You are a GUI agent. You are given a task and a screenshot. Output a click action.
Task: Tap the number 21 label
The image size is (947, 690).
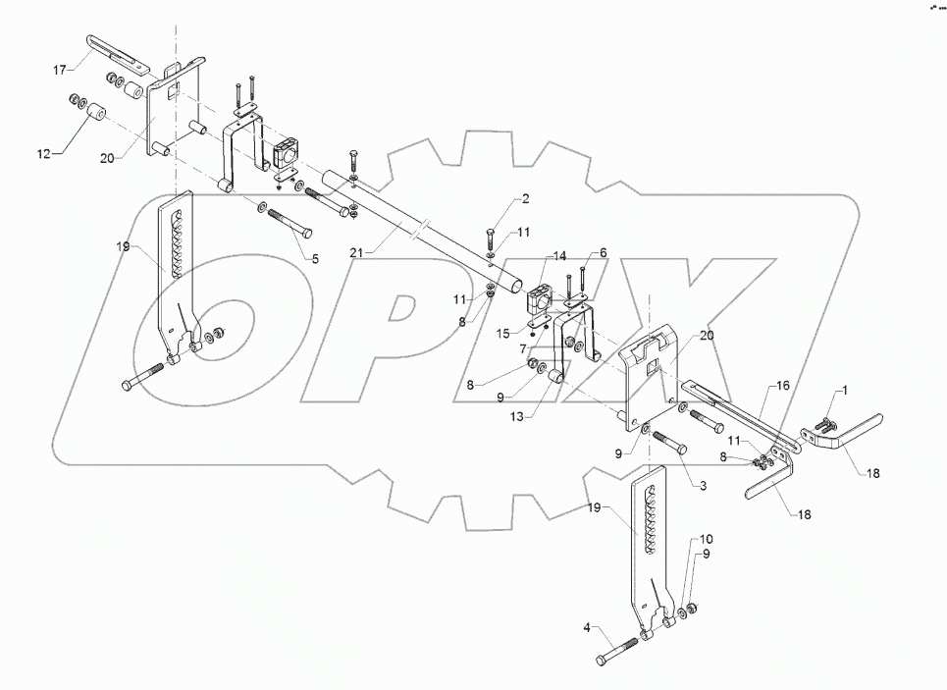pyautogui.click(x=358, y=253)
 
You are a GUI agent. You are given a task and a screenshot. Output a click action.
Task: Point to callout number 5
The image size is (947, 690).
pyautogui.click(x=315, y=259)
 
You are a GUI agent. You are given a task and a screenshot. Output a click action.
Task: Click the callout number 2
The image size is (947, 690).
pyautogui.click(x=525, y=199)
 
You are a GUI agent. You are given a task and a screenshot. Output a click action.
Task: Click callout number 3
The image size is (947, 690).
pyautogui.click(x=703, y=485)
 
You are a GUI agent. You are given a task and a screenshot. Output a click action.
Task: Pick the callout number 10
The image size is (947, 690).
pyautogui.click(x=707, y=540)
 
